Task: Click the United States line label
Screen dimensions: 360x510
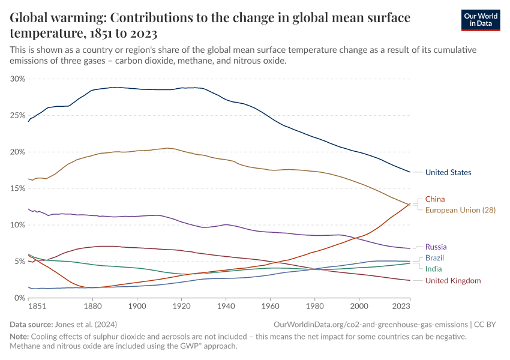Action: pyautogui.click(x=448, y=173)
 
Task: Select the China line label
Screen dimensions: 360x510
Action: pyautogui.click(x=435, y=199)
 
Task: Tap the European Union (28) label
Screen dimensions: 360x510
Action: pyautogui.click(x=460, y=210)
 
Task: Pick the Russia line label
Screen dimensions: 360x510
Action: pyautogui.click(x=436, y=247)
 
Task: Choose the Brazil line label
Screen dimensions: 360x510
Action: pyautogui.click(x=434, y=258)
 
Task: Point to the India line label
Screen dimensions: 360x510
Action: pyautogui.click(x=434, y=269)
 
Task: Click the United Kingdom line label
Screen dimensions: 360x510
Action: pyautogui.click(x=453, y=280)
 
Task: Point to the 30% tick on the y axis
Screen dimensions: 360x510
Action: pyautogui.click(x=18, y=79)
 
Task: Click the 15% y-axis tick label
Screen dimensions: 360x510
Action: pyautogui.click(x=18, y=188)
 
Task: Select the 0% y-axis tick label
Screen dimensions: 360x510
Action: pyautogui.click(x=20, y=298)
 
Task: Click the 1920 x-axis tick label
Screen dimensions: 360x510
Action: pyautogui.click(x=181, y=307)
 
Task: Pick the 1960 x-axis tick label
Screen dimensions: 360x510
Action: pyautogui.click(x=270, y=307)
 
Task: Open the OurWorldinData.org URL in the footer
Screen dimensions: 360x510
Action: pyautogui.click(x=371, y=324)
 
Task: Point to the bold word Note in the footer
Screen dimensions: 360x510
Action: pyautogui.click(x=20, y=337)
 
